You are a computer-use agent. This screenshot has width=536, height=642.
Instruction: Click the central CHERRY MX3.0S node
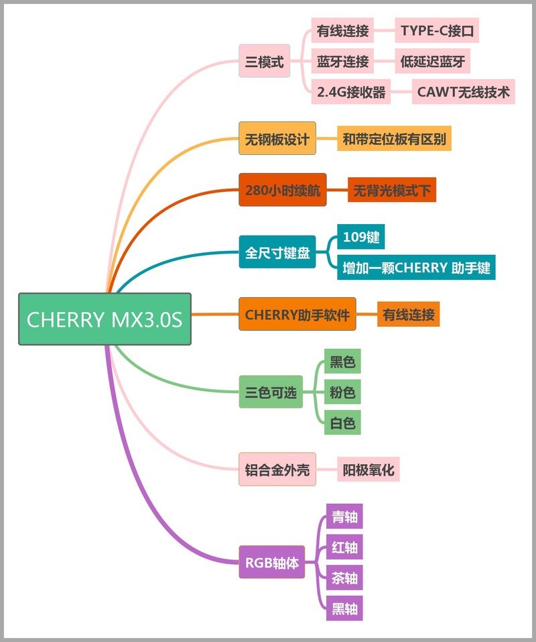point(105,319)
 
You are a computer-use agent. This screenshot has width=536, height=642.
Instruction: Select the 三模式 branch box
point(264,62)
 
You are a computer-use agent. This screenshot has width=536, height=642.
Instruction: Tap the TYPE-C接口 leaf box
point(437,31)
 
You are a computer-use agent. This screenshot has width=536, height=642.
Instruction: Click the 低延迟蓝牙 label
point(431,62)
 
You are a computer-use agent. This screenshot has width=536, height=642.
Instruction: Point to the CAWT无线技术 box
point(464,92)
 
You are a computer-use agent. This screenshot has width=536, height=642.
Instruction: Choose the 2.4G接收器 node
point(352,92)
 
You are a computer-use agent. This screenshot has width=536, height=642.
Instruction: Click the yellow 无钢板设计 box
point(277,140)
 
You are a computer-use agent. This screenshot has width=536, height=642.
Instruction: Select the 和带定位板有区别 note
point(394,140)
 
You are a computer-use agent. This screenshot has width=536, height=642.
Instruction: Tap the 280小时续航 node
point(283,191)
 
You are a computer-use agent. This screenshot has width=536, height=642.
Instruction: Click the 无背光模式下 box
point(392,191)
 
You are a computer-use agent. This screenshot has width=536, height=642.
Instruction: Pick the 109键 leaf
point(360,237)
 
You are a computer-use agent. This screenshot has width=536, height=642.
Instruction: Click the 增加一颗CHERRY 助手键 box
point(416,268)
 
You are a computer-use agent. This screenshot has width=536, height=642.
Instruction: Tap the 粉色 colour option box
point(342,392)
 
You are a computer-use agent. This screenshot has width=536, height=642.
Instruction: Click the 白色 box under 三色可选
point(342,423)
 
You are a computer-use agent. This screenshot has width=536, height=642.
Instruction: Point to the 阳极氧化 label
point(368,469)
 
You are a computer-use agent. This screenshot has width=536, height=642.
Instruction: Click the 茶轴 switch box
point(344,578)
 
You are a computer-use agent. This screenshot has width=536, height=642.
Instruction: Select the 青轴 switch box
point(344,517)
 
